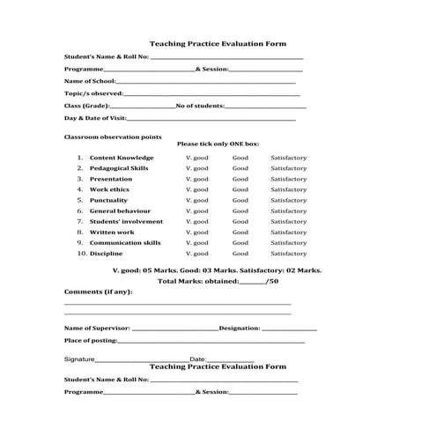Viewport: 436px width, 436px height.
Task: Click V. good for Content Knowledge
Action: [197, 158]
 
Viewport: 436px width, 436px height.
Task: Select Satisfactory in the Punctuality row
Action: [289, 200]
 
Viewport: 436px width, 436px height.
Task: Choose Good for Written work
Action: [240, 232]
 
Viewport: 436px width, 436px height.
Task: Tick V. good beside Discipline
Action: [197, 253]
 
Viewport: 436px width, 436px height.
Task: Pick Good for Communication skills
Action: [240, 242]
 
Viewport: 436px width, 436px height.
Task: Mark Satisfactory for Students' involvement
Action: [289, 221]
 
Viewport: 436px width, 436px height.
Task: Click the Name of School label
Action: [90, 80]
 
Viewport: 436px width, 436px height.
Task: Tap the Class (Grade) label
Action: [86, 105]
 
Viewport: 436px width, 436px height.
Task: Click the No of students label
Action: [201, 105]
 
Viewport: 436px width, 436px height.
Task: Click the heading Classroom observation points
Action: [100, 137]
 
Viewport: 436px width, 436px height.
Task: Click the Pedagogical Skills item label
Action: [119, 168]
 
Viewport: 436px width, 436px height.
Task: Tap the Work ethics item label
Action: [109, 189]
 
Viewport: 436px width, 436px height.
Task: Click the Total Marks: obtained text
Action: [198, 281]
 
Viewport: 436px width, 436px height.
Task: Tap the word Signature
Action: [78, 359]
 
